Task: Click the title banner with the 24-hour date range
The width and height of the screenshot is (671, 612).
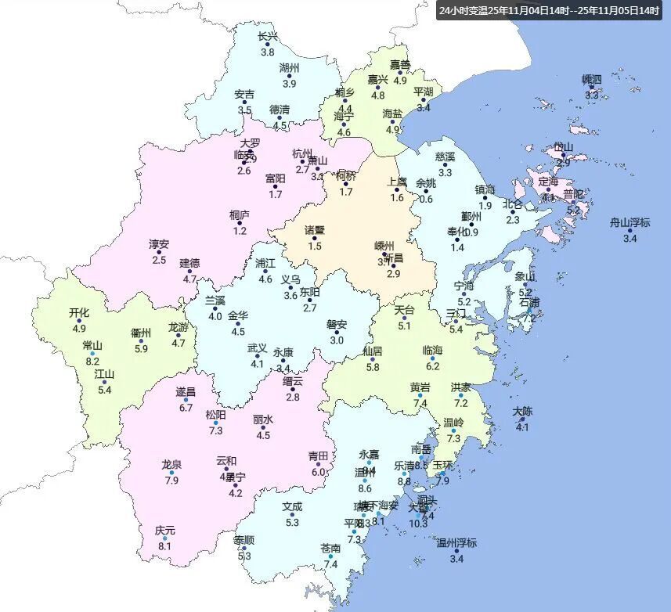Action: (549, 10)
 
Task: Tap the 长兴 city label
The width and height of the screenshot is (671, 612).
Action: (268, 36)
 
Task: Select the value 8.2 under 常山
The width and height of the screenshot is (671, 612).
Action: (92, 361)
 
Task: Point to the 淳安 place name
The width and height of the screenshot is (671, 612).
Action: (159, 244)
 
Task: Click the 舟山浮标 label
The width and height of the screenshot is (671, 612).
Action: (630, 222)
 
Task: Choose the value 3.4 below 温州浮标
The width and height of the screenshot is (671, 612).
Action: (456, 558)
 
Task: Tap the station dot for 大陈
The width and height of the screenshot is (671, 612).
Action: (522, 419)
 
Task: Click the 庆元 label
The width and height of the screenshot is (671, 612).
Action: (164, 531)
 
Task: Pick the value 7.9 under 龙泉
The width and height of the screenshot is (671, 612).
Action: (171, 480)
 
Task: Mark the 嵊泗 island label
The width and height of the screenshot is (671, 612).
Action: (592, 80)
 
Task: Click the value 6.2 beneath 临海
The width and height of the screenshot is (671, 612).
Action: (433, 365)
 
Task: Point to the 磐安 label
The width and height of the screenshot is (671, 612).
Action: (337, 325)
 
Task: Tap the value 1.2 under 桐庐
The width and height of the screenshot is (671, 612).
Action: (240, 231)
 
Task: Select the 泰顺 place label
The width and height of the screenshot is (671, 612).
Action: (244, 540)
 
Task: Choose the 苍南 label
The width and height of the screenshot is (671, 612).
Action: (330, 548)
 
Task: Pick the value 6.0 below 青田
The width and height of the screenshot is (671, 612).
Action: (318, 472)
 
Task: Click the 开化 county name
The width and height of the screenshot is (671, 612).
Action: (79, 313)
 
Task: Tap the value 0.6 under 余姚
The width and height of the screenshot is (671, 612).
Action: (426, 199)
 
